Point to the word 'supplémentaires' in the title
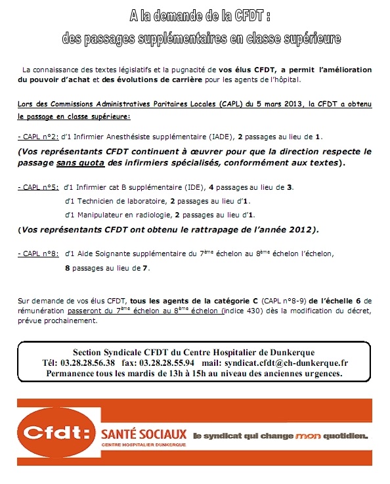167,39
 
